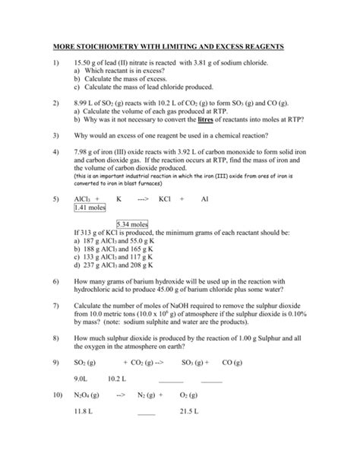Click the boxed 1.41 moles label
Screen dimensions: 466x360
pyautogui.click(x=90, y=208)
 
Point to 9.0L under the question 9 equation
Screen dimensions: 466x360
pyautogui.click(x=82, y=379)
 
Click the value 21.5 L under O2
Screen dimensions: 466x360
pyautogui.click(x=189, y=414)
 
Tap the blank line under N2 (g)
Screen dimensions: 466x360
pyautogui.click(x=146, y=415)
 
